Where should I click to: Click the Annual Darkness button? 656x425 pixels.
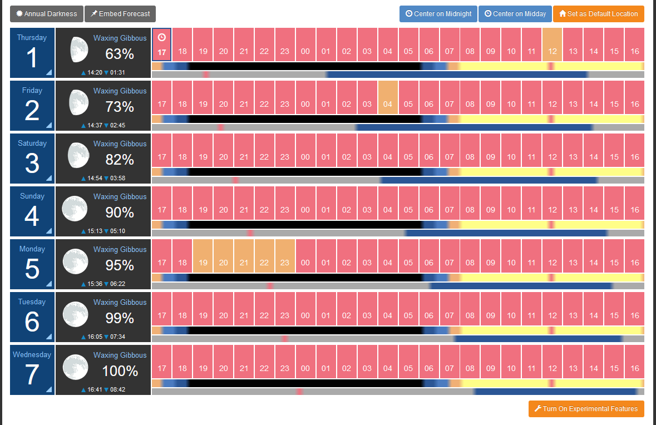[47, 14]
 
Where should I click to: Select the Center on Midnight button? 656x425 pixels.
[438, 14]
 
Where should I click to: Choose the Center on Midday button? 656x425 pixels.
[515, 14]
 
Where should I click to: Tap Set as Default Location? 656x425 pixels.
[598, 14]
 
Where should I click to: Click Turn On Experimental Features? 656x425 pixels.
[586, 409]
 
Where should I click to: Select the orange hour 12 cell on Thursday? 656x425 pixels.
[553, 45]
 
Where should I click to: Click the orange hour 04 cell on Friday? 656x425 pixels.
[388, 97]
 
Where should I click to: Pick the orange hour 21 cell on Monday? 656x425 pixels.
[244, 256]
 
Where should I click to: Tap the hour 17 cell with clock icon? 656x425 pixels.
[162, 45]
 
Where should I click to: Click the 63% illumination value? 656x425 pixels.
[120, 55]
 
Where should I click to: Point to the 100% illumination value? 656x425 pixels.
[120, 371]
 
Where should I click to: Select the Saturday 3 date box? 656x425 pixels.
[32, 158]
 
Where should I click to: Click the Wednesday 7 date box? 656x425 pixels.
[32, 369]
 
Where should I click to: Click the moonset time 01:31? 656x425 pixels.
[117, 72]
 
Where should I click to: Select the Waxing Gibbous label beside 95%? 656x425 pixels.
[120, 249]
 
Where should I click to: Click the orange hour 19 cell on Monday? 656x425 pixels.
[203, 256]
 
